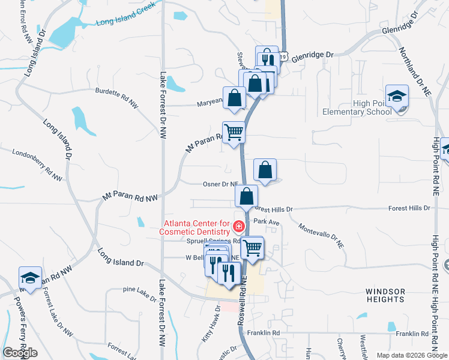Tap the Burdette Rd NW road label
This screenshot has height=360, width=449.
coord(116,98)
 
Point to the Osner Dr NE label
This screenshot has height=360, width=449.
coord(220,184)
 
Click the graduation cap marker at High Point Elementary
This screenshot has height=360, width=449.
coord(397,97)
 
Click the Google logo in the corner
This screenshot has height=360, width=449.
coord(20,352)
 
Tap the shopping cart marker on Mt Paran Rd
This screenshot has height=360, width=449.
coord(234,132)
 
